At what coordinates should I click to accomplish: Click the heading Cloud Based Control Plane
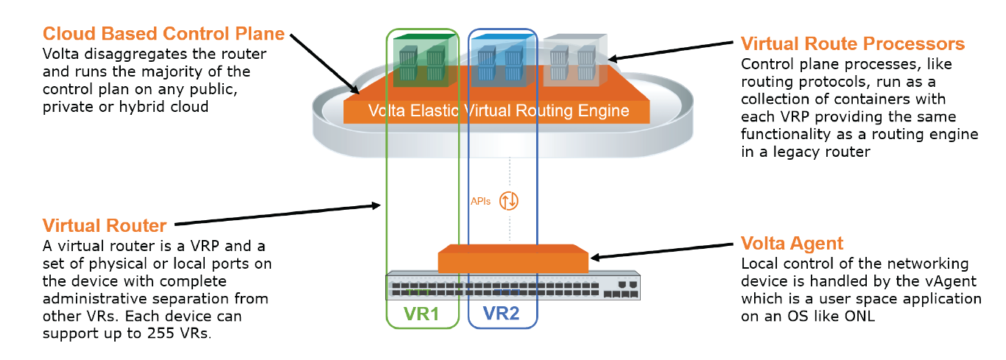(163, 34)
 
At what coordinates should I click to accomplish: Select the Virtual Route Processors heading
(852, 44)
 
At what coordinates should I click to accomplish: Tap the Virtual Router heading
(104, 225)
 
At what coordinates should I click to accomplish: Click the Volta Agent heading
(792, 244)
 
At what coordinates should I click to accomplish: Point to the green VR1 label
(422, 314)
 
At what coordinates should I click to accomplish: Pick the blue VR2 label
(502, 314)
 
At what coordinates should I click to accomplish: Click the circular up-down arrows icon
(509, 200)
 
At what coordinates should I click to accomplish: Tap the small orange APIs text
(481, 200)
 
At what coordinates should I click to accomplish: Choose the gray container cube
(575, 60)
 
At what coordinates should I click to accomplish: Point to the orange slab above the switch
(513, 260)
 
